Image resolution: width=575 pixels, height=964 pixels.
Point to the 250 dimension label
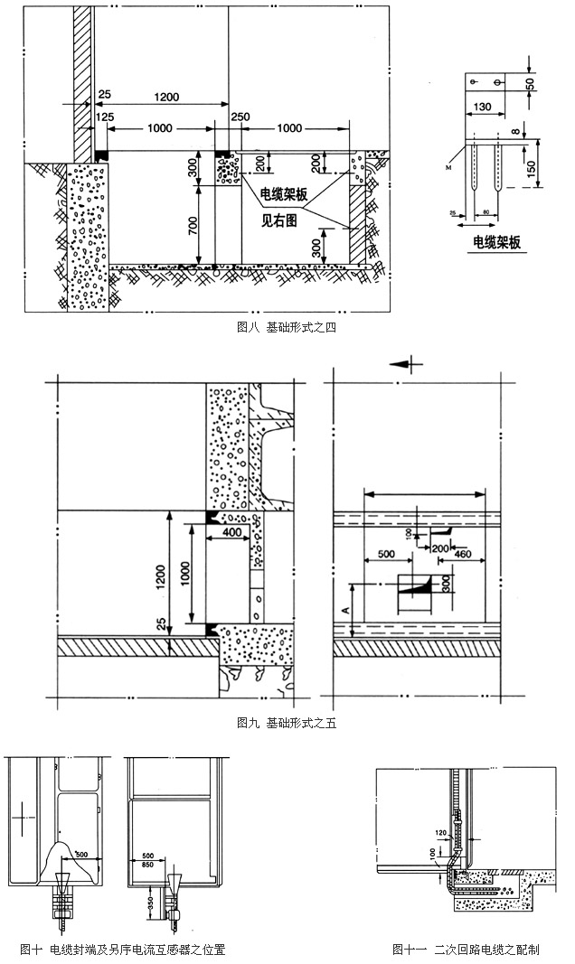pos(240,117)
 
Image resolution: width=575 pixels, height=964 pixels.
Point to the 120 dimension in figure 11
pos(441,832)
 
